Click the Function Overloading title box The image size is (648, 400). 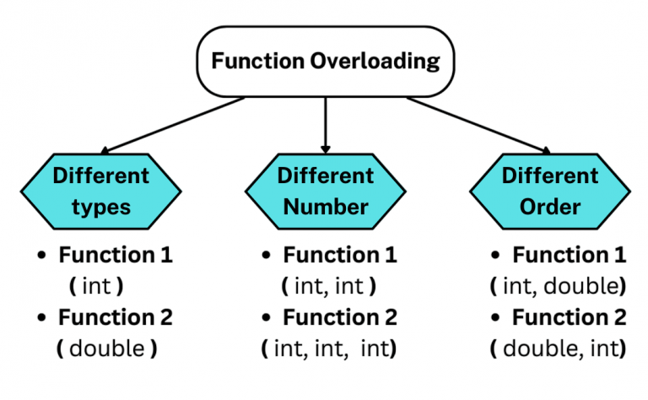325,62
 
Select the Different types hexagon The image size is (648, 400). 100,191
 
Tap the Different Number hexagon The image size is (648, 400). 325,191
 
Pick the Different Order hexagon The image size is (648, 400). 549,191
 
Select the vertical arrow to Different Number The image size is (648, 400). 325,123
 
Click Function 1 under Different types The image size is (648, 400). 115,255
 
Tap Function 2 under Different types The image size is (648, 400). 115,317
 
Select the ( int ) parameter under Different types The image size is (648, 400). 95,286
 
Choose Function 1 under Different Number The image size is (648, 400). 339,255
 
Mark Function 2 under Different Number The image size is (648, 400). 339,317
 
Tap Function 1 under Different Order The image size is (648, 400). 570,255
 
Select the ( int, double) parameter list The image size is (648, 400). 558,286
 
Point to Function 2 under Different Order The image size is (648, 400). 570,317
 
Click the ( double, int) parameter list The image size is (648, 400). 558,349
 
